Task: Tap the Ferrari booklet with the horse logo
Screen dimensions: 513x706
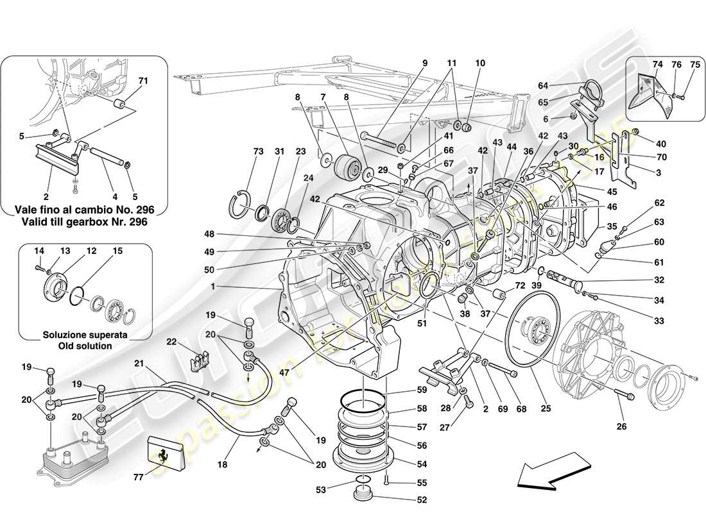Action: coord(166,452)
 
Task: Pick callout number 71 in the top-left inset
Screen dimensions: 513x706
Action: coord(143,81)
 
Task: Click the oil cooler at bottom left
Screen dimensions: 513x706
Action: coord(69,453)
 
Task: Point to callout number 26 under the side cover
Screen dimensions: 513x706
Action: coord(622,425)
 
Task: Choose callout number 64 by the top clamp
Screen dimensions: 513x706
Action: coord(543,86)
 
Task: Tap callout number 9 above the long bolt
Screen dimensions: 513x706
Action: coord(424,63)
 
